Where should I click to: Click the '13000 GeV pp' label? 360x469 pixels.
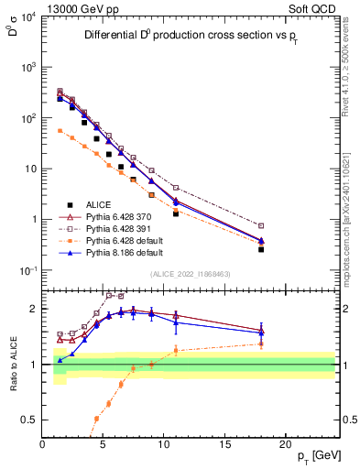click(79, 7)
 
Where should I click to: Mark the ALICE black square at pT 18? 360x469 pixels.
click(261, 249)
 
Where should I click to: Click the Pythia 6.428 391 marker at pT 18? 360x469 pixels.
click(261, 225)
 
